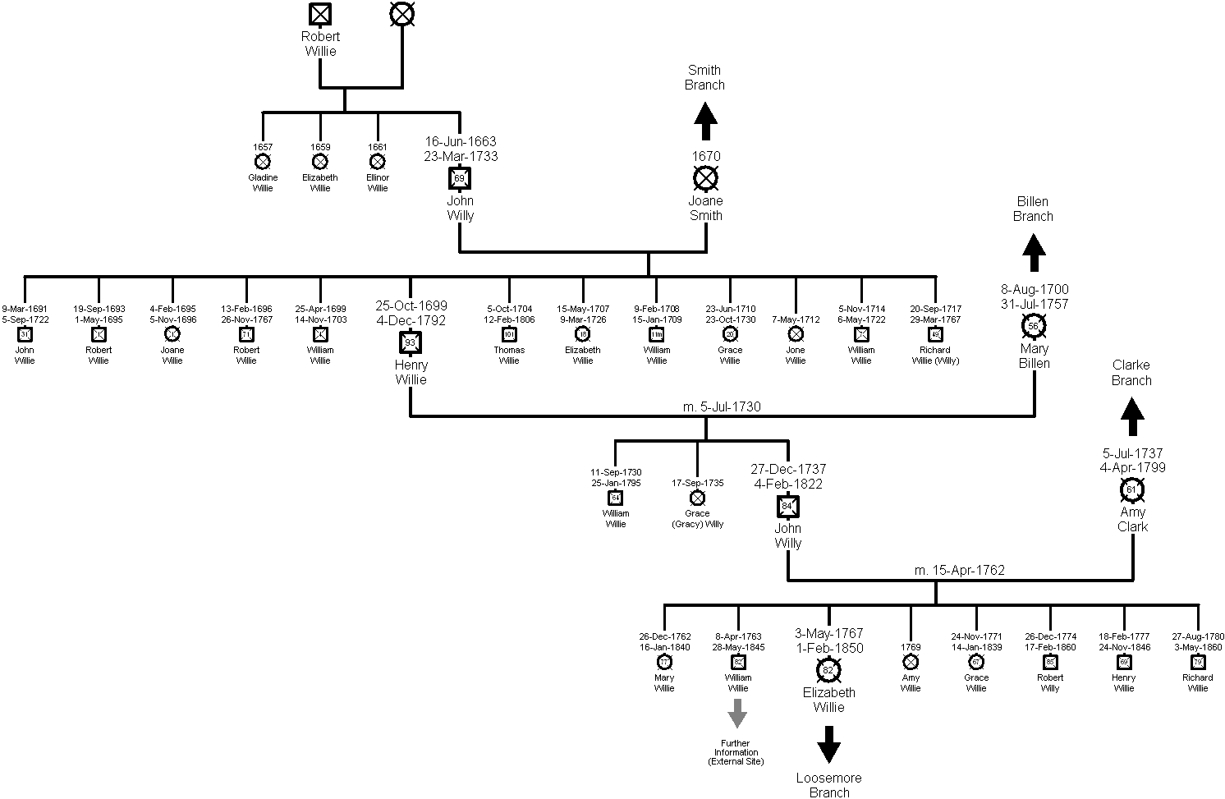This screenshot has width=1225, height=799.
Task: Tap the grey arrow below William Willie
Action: pyautogui.click(x=737, y=712)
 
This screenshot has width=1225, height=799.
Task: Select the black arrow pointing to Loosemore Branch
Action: pyautogui.click(x=828, y=745)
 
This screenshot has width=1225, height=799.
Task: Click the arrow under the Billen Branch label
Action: pyautogui.click(x=1033, y=252)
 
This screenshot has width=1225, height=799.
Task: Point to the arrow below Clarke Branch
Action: pyautogui.click(x=1132, y=416)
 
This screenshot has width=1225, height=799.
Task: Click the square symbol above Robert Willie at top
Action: pyautogui.click(x=320, y=14)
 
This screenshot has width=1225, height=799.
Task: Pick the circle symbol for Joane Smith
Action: pyautogui.click(x=705, y=177)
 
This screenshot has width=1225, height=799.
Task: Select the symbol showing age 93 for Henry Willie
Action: pyautogui.click(x=411, y=342)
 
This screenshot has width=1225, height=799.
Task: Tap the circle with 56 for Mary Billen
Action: pyautogui.click(x=1034, y=326)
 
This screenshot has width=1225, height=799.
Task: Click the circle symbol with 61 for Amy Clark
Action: pyautogui.click(x=1132, y=490)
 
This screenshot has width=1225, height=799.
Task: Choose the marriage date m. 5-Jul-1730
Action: pyautogui.click(x=705, y=406)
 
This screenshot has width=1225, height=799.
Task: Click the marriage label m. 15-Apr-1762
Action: pyautogui.click(x=960, y=570)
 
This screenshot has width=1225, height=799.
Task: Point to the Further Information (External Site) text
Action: pyautogui.click(x=736, y=752)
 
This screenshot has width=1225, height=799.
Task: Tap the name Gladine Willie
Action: pyautogui.click(x=263, y=183)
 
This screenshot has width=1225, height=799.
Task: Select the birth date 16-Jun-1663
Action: pyautogui.click(x=460, y=142)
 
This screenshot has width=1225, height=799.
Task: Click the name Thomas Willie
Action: pyautogui.click(x=509, y=355)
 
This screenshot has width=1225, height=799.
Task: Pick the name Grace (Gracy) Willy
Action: pyautogui.click(x=697, y=518)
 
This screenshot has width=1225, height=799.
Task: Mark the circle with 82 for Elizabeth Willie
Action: pyautogui.click(x=828, y=670)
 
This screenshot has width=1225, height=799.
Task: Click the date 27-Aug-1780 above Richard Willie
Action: pyautogui.click(x=1198, y=636)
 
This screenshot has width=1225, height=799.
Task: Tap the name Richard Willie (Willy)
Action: pyautogui.click(x=935, y=355)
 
